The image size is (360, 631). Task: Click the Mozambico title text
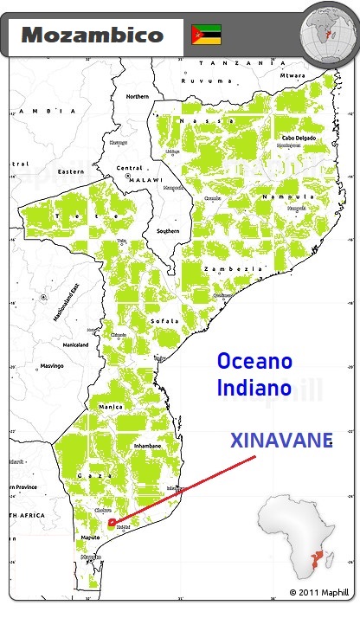click(92, 35)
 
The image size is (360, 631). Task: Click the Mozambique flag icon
click(206, 35)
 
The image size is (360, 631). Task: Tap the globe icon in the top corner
click(328, 32)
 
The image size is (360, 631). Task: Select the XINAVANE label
click(281, 441)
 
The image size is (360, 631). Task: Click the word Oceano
click(254, 360)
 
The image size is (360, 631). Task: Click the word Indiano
click(254, 387)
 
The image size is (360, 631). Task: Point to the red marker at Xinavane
click(110, 522)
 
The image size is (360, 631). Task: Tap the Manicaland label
click(75, 344)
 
